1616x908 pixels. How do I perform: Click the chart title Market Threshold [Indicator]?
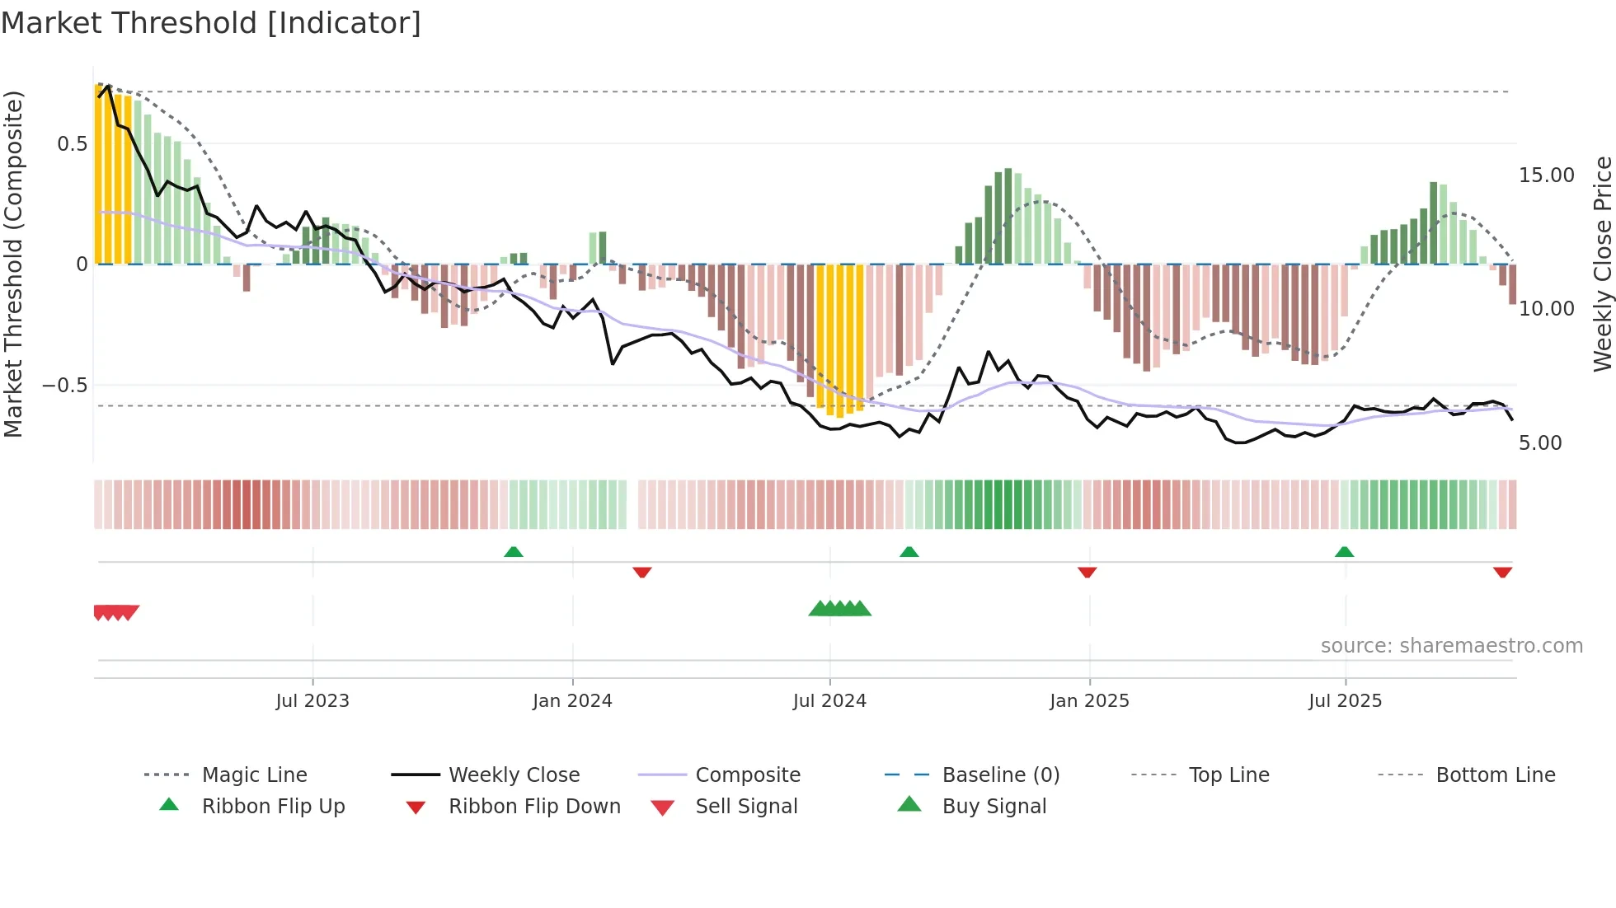click(211, 23)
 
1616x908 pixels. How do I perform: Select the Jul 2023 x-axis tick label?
click(312, 701)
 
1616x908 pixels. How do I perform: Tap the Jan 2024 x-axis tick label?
click(572, 701)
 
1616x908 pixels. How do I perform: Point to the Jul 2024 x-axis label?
click(829, 701)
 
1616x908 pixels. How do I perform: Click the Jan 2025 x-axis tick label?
click(1089, 701)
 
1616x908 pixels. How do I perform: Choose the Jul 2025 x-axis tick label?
click(1345, 701)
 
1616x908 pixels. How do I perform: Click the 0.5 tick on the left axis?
click(73, 144)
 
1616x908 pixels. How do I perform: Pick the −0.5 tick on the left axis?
click(65, 386)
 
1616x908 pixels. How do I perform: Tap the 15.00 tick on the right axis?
click(1546, 176)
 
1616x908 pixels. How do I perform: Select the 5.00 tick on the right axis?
click(1540, 443)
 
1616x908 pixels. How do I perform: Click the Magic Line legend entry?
click(254, 775)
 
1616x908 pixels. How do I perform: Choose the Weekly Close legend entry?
click(514, 775)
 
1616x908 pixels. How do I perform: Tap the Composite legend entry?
click(747, 775)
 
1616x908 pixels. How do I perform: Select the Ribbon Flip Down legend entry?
click(533, 807)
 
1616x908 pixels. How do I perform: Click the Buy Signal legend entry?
click(994, 807)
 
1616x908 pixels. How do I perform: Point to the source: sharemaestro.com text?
click(1451, 646)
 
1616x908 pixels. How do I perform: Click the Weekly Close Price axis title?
click(1602, 264)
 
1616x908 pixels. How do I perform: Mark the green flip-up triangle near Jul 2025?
click(1344, 552)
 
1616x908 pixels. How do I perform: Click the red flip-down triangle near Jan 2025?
click(1087, 572)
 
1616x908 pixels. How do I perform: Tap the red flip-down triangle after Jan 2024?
click(642, 572)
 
